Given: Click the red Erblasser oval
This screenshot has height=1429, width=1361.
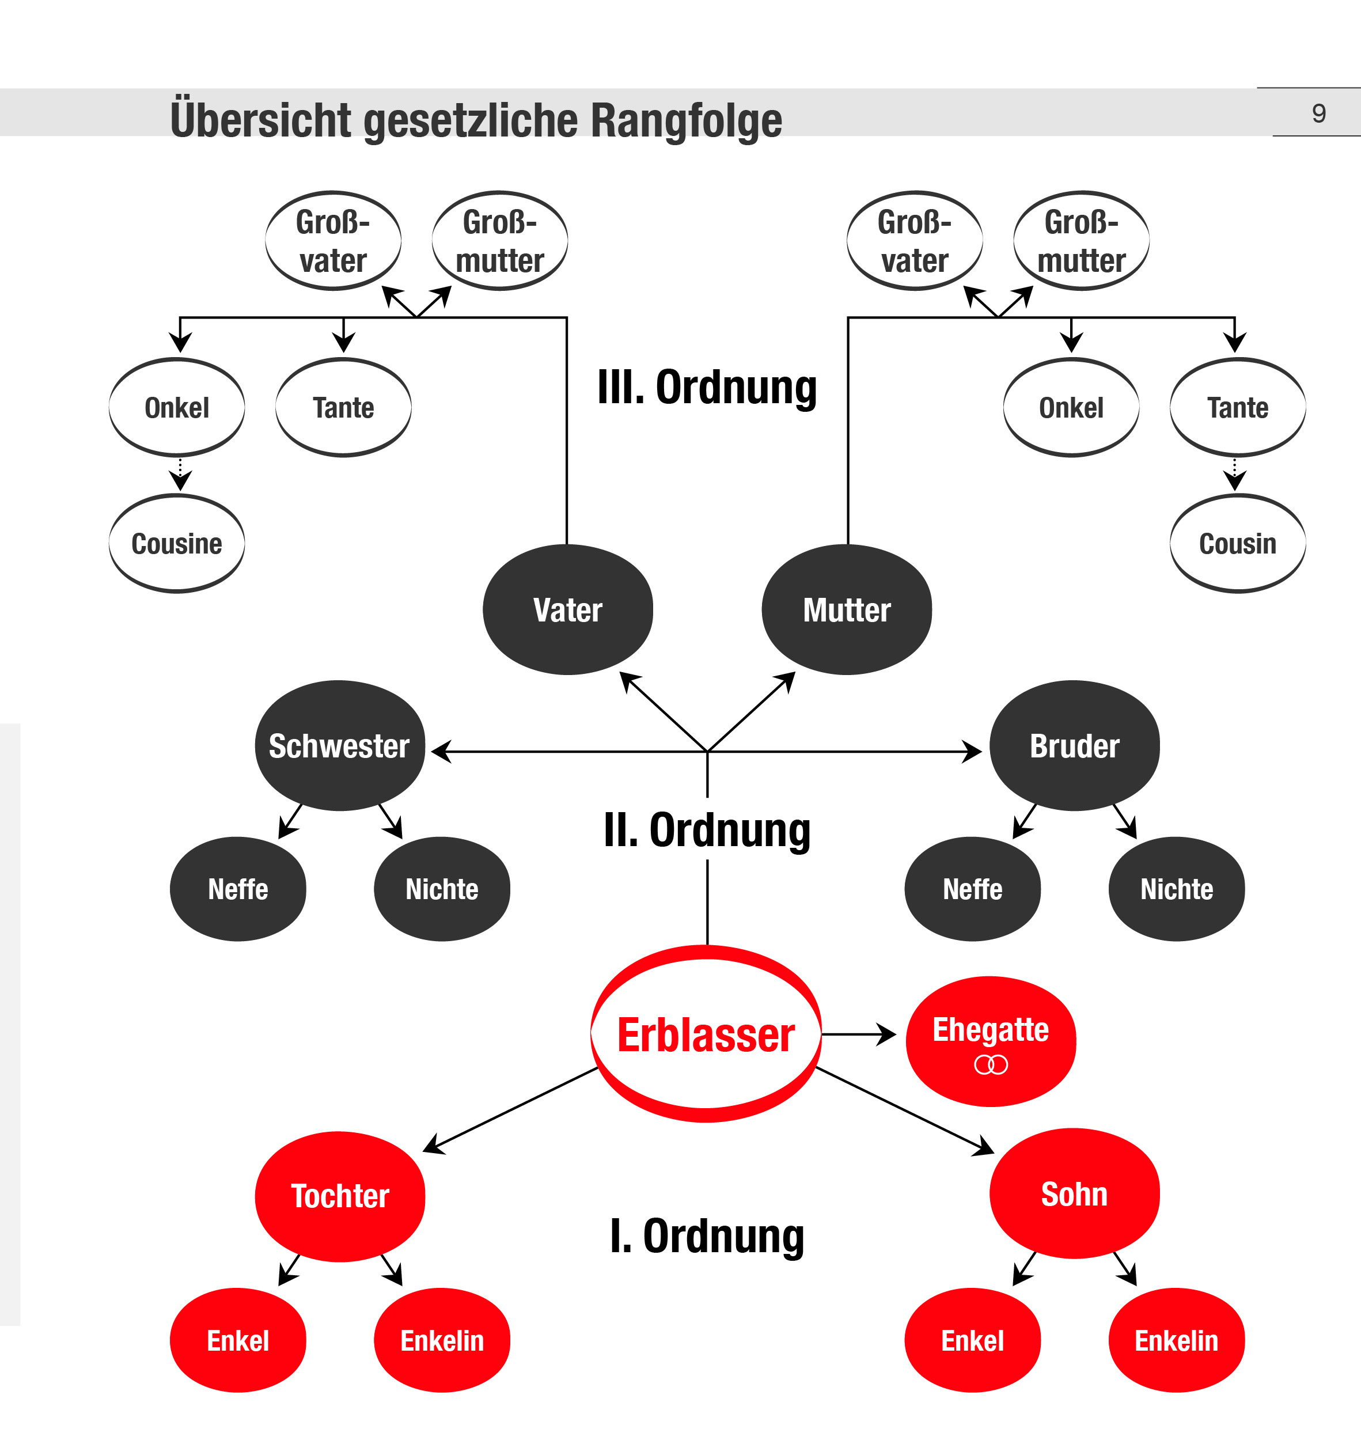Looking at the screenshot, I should (706, 1034).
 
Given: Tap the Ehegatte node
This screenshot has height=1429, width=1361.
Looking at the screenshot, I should (990, 1041).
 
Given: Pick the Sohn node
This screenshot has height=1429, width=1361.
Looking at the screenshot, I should (1074, 1194).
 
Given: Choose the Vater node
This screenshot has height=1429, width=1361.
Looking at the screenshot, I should (567, 609).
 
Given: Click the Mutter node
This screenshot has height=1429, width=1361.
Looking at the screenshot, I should (846, 609).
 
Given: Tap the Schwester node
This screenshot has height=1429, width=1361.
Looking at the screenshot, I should (339, 746).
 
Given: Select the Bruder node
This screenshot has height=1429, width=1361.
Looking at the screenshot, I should (1074, 746).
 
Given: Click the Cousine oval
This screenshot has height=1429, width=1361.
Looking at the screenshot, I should (176, 543).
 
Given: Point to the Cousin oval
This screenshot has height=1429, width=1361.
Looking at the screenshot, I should (1237, 543).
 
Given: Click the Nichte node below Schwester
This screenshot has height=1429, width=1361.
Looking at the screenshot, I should (442, 889).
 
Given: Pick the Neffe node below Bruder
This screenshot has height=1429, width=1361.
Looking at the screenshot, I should (972, 889).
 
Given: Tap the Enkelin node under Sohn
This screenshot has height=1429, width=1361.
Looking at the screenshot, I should (1176, 1340).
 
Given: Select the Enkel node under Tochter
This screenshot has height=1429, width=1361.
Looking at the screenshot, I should (238, 1340).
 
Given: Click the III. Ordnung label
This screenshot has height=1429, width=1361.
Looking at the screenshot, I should (707, 388).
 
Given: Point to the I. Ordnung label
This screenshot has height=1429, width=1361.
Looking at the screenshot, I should (707, 1236).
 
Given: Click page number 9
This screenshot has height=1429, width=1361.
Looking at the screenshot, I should (1319, 113).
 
